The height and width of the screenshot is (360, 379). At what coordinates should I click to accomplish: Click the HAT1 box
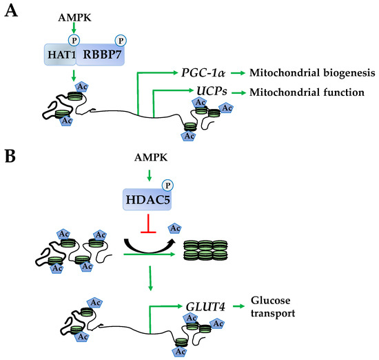pos(60,54)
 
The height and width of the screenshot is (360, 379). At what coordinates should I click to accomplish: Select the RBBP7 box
pos(101,54)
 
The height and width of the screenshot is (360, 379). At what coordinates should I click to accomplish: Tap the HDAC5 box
pos(147,199)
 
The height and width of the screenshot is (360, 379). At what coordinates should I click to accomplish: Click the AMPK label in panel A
pos(74,18)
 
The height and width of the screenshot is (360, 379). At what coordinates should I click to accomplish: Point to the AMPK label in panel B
pos(151,157)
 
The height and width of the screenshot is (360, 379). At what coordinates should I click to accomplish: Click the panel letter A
pos(11,11)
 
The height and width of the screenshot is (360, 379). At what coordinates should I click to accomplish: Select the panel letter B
pos(10,156)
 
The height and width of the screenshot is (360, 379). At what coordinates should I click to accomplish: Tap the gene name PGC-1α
pos(203,72)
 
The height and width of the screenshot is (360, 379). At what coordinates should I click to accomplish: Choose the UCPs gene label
pos(212,91)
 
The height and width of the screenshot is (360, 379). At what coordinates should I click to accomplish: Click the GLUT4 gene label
pos(205,307)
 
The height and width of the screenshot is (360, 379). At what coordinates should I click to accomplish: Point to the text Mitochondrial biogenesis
pos(312,73)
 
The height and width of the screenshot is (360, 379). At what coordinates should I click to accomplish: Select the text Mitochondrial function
pos(307,92)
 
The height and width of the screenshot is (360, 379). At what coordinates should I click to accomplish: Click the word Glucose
pos(271,301)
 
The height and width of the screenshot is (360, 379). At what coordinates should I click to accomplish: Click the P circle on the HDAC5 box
pos(167,186)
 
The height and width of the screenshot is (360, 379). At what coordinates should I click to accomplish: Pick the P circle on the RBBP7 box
pos(121,41)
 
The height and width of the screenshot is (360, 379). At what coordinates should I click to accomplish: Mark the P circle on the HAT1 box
pos(74,41)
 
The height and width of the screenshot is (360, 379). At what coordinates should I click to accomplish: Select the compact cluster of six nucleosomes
pos(205,250)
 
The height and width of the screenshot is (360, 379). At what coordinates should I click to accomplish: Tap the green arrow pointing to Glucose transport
pos(238,306)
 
